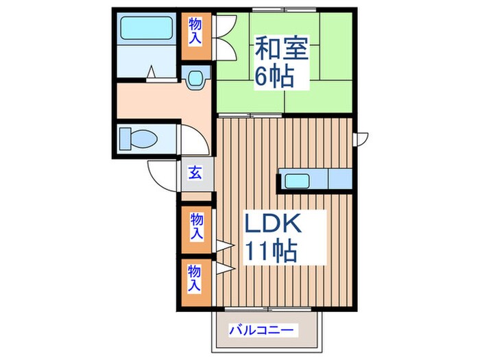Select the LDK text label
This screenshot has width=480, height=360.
tap(272, 224)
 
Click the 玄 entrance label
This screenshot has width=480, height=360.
tap(195, 173)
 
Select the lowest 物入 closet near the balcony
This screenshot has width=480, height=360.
tap(196, 276)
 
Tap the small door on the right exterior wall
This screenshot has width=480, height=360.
tap(361, 139)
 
